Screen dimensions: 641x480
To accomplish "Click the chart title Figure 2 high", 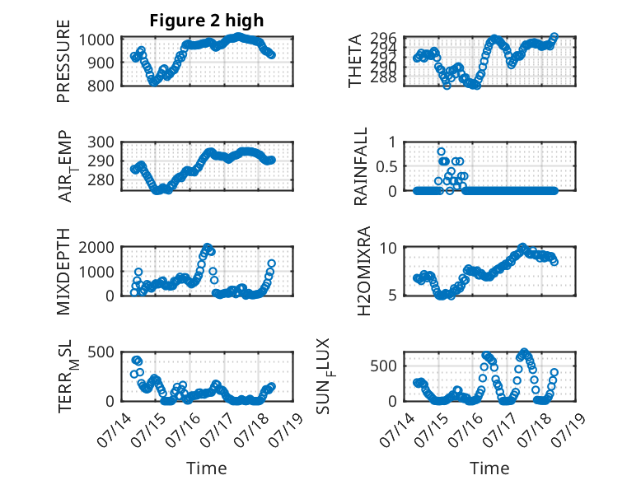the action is pos(207,21).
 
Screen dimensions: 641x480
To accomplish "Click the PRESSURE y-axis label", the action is pos(63,61).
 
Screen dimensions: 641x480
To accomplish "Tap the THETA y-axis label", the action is pos(355,61).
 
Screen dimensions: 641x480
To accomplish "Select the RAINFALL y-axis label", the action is pos(361,166).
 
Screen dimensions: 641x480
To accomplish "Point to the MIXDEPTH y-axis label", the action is pos(63,271).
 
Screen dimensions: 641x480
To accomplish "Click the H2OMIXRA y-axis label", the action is pos(363,271).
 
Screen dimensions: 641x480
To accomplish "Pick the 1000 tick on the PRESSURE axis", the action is pos(96,40).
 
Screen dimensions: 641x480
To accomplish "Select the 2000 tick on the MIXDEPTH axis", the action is pos(96,247).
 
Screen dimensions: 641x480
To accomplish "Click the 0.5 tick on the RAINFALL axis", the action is pos(386,166).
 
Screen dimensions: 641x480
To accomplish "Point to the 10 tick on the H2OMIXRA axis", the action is pos(388,248).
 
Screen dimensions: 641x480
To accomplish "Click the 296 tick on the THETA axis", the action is pos(383,39).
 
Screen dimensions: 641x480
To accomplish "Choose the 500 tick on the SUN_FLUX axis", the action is pos(383,366).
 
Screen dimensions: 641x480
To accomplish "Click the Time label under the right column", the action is pos(489,468).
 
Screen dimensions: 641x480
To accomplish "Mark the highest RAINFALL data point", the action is pos(441,151).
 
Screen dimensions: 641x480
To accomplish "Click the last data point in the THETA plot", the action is pos(554,37).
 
